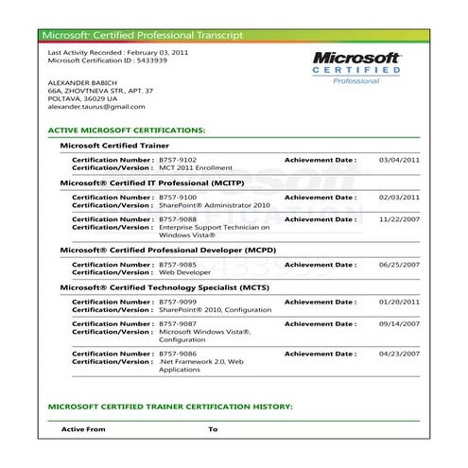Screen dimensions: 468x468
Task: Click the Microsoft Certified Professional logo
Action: coord(357,67)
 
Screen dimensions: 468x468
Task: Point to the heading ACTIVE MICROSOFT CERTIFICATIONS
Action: coord(126,129)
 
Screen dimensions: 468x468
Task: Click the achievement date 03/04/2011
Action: coord(399,161)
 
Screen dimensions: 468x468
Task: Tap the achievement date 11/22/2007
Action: coord(399,218)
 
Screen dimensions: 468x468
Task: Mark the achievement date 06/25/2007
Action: coord(399,265)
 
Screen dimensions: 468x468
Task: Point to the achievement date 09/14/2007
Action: coord(399,324)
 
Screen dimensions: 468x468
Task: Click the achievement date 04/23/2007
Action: coord(399,353)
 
